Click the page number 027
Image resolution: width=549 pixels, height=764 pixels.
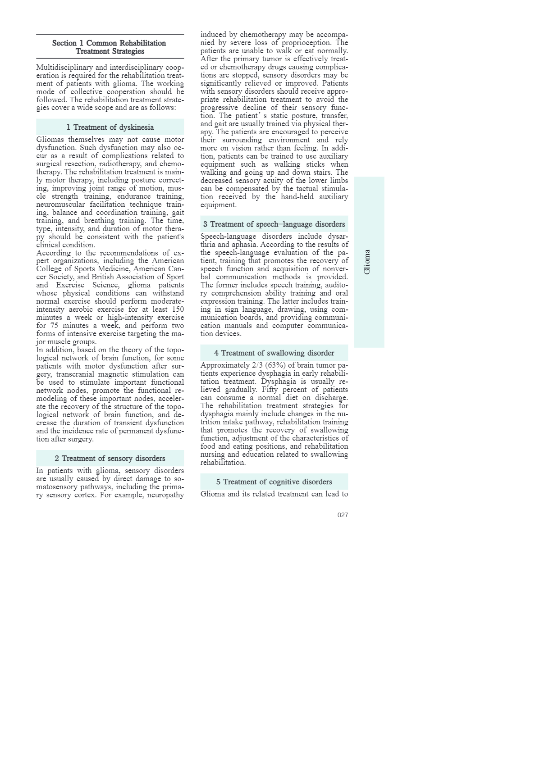tap(343, 515)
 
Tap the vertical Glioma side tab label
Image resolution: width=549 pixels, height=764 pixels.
tap(367, 262)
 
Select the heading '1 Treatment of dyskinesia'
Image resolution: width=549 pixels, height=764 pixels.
tap(110, 127)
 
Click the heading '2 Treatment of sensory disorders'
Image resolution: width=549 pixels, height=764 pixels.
tap(110, 458)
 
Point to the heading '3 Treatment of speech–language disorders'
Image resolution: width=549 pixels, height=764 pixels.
tap(274, 224)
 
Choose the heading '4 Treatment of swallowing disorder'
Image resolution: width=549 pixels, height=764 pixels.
tap(274, 353)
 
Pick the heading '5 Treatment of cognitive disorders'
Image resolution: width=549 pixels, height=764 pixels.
tap(274, 482)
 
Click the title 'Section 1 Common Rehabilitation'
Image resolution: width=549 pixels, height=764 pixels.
tap(109, 43)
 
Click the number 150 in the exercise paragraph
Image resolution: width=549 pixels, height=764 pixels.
tap(177, 309)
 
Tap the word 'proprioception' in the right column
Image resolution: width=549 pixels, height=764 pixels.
tap(306, 43)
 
